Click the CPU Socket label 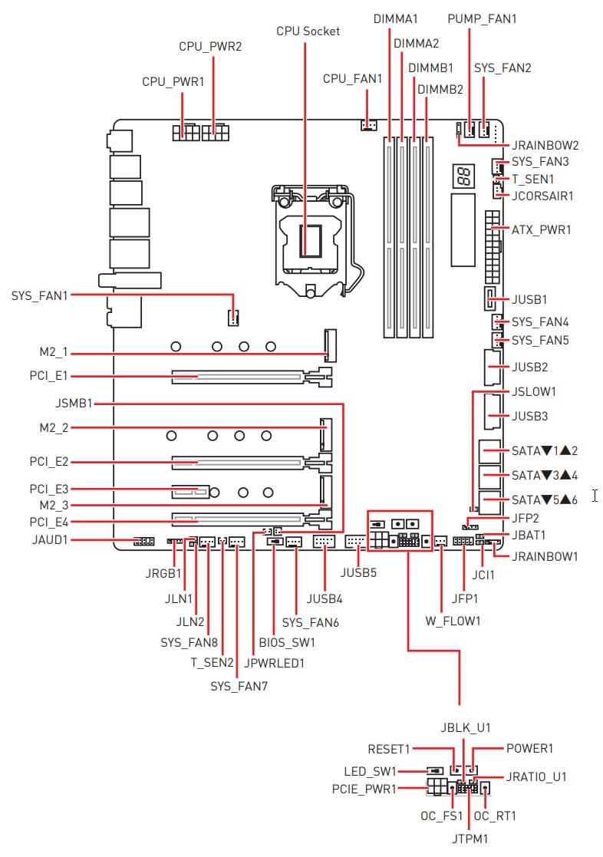click(308, 31)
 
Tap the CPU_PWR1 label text click(173, 81)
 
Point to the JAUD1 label click(51, 540)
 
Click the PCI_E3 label click(50, 489)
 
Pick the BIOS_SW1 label click(287, 641)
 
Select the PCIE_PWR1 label click(364, 788)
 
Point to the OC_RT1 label click(496, 816)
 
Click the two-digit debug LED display click(463, 177)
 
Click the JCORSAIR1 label click(542, 196)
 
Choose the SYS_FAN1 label click(39, 295)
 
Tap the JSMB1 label click(74, 403)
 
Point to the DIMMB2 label click(440, 89)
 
